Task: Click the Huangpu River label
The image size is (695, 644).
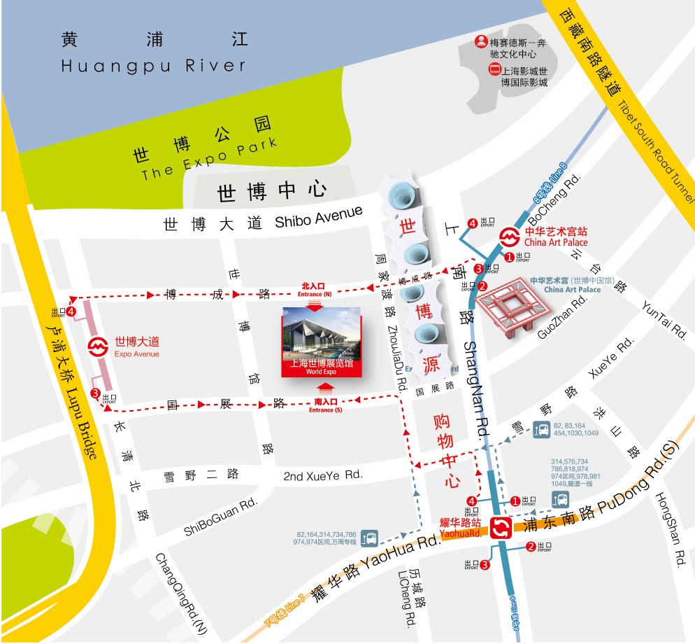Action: tap(154, 66)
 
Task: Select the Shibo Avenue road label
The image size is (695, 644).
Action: tap(319, 217)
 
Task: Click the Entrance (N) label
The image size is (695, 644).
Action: tap(314, 290)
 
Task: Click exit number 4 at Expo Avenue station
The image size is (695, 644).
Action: tap(71, 310)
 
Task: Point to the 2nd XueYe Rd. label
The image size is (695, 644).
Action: tap(323, 475)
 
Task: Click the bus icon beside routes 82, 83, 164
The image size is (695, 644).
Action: tap(541, 429)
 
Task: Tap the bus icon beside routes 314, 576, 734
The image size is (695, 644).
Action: tap(561, 500)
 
